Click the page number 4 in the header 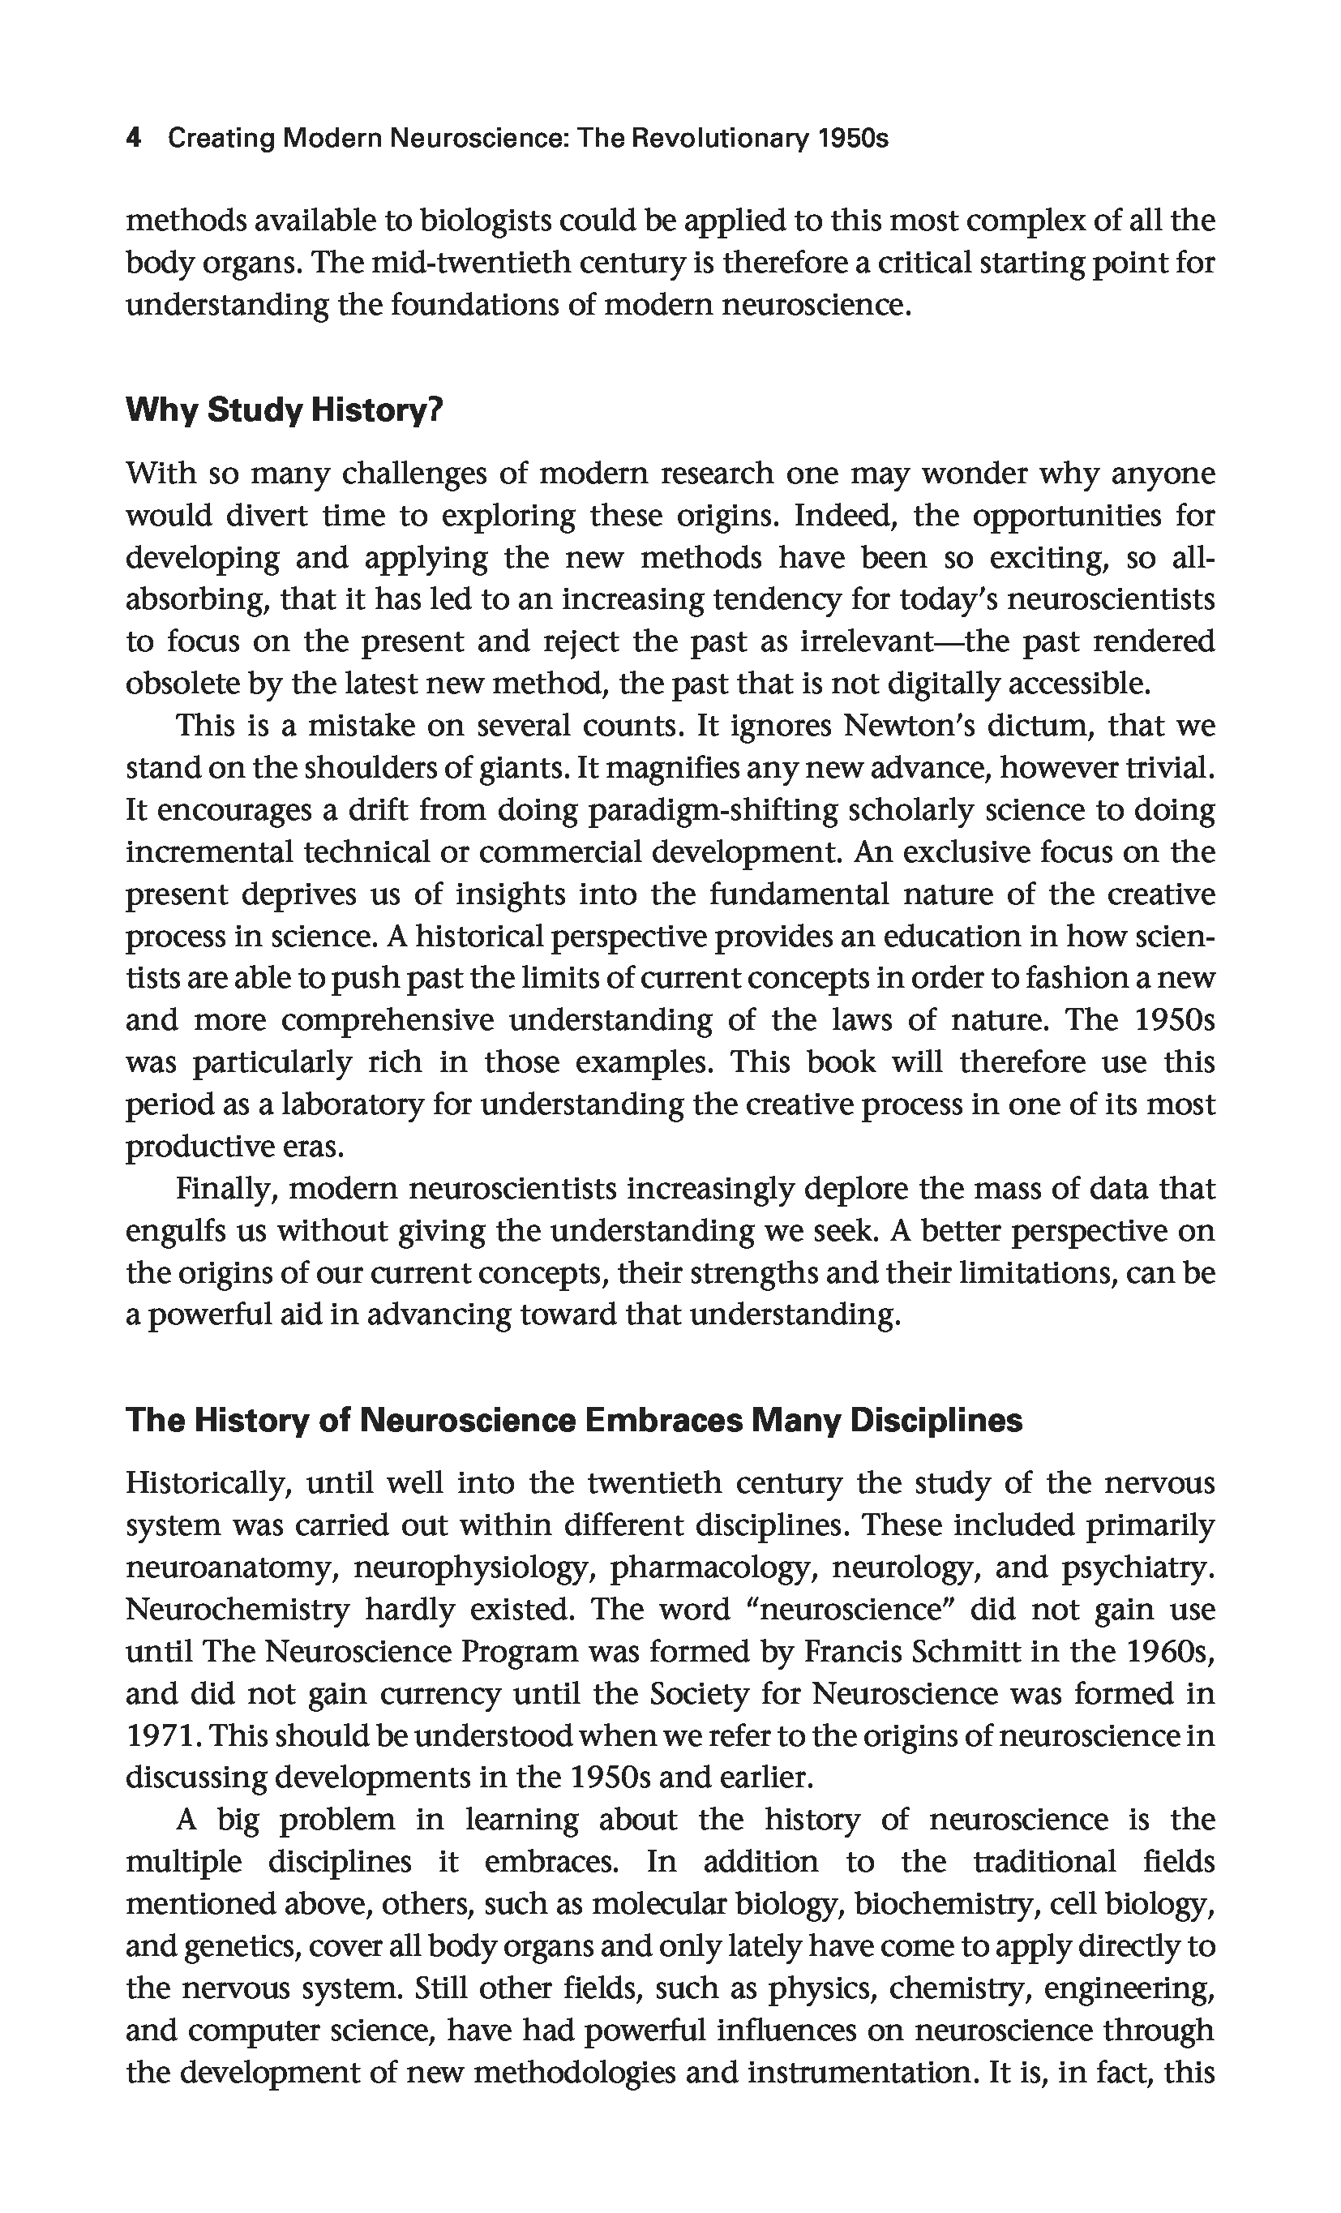pos(133,139)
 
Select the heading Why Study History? pos(285,410)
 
